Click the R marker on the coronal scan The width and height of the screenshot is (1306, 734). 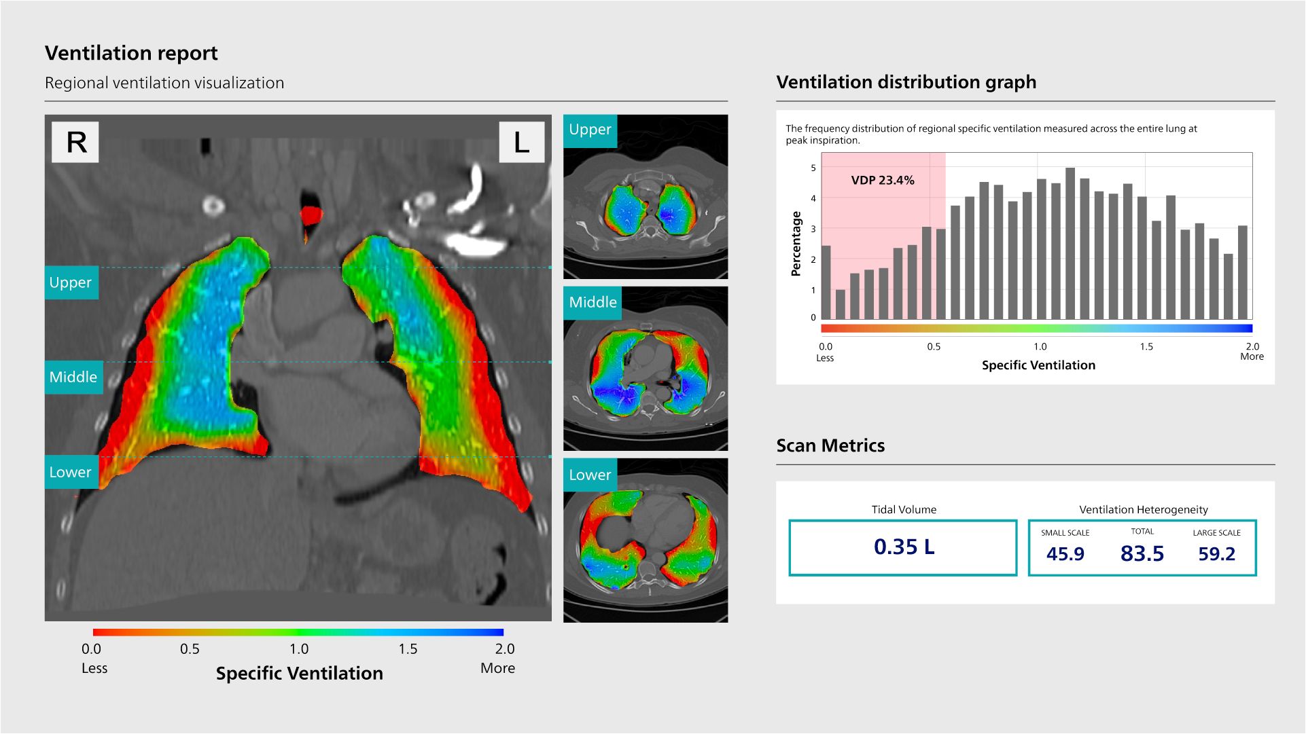[75, 143]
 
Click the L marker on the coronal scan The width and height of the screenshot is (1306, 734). [521, 143]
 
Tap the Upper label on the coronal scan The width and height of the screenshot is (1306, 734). [71, 282]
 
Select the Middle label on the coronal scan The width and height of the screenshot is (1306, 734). [73, 378]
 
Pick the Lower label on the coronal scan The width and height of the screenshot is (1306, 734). [71, 473]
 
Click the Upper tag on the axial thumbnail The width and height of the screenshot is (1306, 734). [590, 130]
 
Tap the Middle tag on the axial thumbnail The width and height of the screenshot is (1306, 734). [593, 303]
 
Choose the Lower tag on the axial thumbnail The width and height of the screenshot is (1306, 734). [590, 475]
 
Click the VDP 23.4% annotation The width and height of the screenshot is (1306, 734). [883, 181]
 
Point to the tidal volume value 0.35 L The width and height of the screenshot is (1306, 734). [904, 547]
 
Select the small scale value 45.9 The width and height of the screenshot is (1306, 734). [1065, 554]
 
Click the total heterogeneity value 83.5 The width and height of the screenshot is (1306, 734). [1142, 554]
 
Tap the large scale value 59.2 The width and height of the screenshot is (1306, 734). [1216, 554]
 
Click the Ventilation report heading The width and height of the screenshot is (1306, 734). [131, 53]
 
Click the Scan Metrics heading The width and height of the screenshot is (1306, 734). [830, 445]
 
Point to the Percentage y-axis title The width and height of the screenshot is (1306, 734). [796, 243]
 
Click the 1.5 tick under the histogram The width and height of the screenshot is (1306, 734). [1146, 347]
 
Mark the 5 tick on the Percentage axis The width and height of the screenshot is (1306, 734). [813, 168]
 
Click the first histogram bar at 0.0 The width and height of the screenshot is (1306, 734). [826, 282]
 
